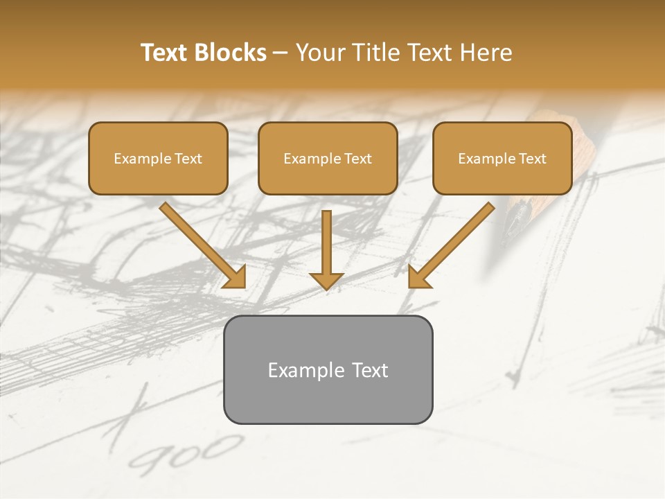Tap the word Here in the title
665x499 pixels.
(484, 53)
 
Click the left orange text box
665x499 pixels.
(158, 158)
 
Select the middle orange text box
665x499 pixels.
(328, 158)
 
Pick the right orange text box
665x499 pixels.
(502, 158)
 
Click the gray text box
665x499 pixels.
(328, 369)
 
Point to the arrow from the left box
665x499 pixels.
(201, 243)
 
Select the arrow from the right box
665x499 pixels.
(454, 243)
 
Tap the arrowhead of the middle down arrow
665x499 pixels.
(326, 280)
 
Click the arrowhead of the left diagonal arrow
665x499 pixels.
(236, 277)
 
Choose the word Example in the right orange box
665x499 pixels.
(486, 159)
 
